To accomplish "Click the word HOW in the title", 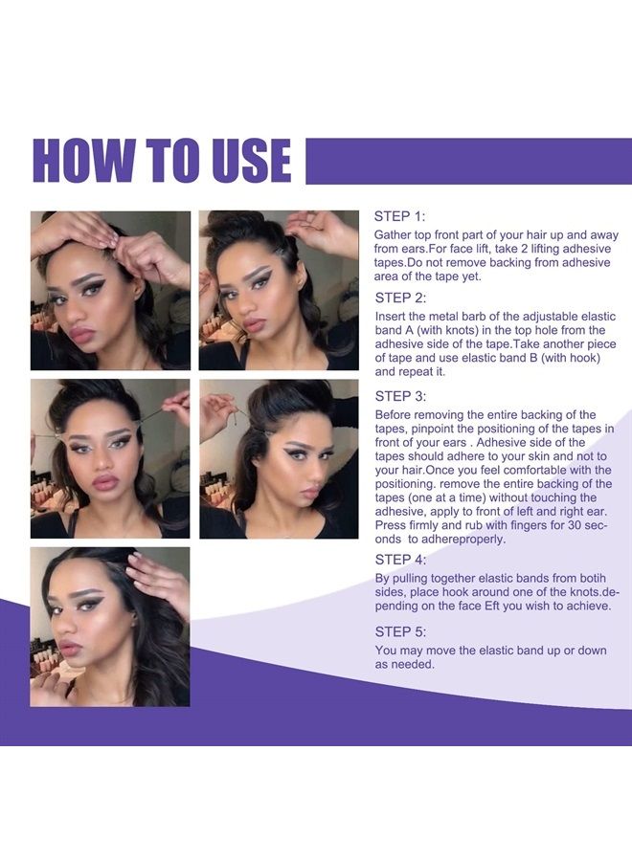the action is [x=83, y=161].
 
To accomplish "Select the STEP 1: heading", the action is [x=399, y=216].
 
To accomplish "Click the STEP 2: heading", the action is [x=400, y=298].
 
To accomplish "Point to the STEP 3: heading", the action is [x=400, y=396].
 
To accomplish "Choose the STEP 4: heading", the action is [x=400, y=559].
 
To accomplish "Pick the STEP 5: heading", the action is [x=400, y=631].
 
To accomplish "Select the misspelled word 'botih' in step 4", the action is [x=592, y=578].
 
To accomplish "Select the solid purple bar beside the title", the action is [x=469, y=161].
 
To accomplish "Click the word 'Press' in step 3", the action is [x=391, y=525].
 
